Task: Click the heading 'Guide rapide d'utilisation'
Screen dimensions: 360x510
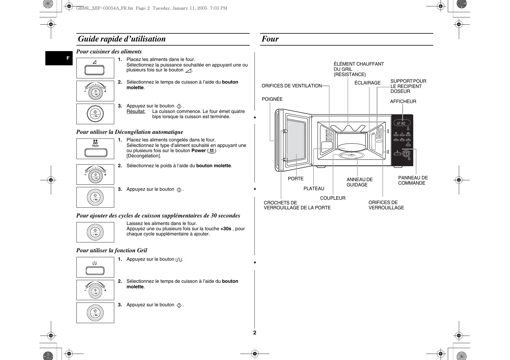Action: pyautogui.click(x=122, y=39)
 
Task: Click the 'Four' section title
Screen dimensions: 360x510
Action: pyautogui.click(x=270, y=39)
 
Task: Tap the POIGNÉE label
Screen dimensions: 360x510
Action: pyautogui.click(x=272, y=99)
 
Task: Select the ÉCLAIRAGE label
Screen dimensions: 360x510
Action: pyautogui.click(x=367, y=83)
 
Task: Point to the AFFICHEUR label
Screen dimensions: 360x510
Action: pyautogui.click(x=403, y=102)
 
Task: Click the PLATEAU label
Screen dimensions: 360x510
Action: pyautogui.click(x=314, y=189)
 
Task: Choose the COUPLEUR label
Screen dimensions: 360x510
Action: pyautogui.click(x=332, y=198)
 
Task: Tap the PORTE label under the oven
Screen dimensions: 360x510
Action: pyautogui.click(x=296, y=179)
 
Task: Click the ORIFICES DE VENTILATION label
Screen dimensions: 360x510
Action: pyautogui.click(x=291, y=86)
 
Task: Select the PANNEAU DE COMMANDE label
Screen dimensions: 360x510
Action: pyautogui.click(x=413, y=181)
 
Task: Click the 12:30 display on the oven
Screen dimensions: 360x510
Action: pyautogui.click(x=402, y=123)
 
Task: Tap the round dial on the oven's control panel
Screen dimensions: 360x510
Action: pyautogui.click(x=406, y=153)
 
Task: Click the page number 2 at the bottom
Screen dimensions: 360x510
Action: pyautogui.click(x=255, y=333)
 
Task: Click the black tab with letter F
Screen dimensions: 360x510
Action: pyautogui.click(x=59, y=58)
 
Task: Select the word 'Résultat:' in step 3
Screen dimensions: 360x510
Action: pyautogui.click(x=136, y=111)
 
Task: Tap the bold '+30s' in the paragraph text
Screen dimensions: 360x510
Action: pyautogui.click(x=226, y=229)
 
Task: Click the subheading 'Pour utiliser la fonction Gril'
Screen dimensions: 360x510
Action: pyautogui.click(x=112, y=251)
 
